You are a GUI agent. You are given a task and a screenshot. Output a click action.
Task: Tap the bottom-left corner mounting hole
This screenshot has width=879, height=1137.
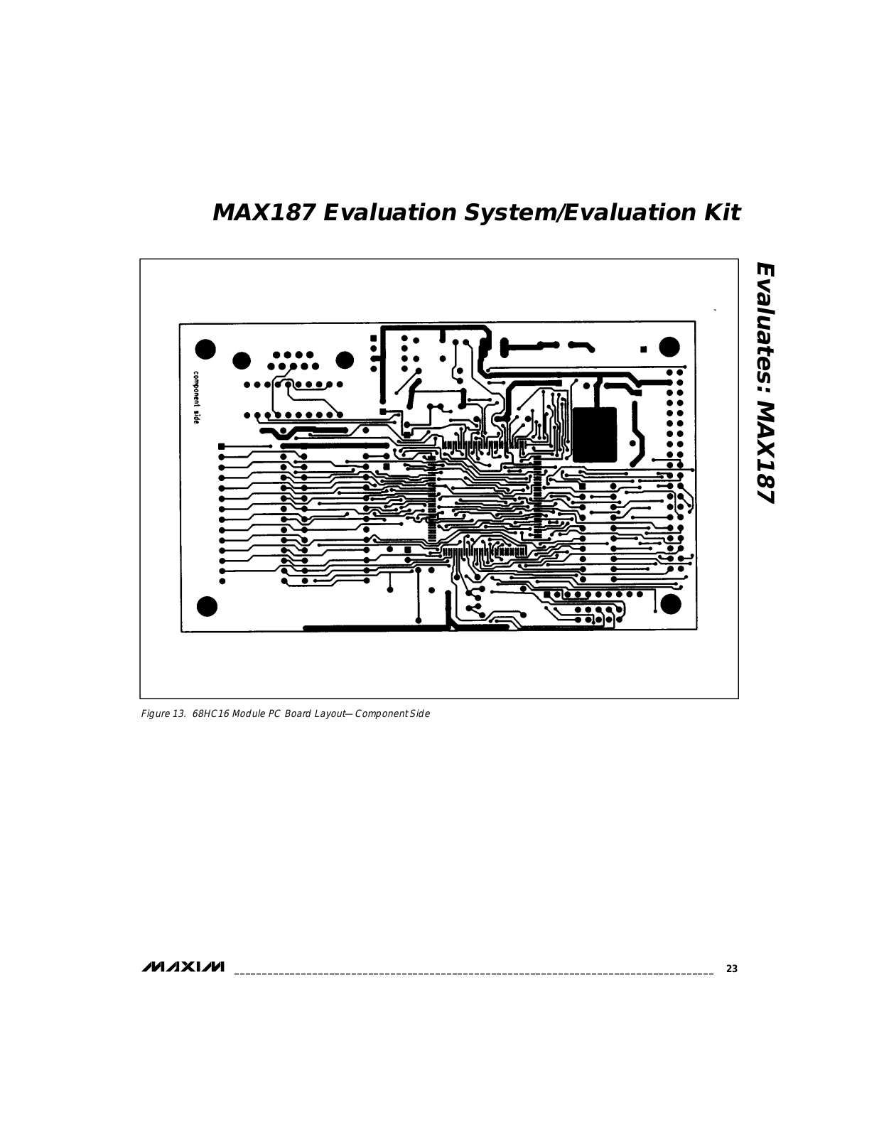(206, 606)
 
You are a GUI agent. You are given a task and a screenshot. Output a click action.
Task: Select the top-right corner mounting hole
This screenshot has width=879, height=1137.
(669, 347)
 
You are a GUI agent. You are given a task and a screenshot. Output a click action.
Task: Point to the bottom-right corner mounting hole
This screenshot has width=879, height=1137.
(670, 603)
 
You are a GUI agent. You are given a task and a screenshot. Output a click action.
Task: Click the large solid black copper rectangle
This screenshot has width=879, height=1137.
(594, 435)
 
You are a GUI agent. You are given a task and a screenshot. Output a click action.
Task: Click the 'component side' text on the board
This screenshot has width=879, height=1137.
(195, 397)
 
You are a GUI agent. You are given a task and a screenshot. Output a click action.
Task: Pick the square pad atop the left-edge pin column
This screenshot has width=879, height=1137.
(222, 446)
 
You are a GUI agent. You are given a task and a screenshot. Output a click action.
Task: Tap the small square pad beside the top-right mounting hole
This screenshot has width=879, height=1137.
(643, 350)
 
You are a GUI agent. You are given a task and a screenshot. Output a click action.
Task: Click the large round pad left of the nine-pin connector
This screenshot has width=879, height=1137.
(242, 360)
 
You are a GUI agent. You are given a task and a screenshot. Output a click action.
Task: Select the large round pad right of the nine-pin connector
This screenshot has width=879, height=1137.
(345, 360)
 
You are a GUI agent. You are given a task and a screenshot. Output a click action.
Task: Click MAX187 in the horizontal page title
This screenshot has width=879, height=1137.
(263, 212)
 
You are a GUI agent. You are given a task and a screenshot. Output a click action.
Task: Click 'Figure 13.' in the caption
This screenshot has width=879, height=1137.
(163, 713)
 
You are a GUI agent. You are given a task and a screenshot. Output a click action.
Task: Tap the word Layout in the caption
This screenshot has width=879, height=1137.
(327, 713)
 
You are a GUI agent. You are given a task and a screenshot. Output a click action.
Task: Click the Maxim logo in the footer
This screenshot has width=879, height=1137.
(183, 967)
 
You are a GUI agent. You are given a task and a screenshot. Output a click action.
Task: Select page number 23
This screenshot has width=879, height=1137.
(731, 969)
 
